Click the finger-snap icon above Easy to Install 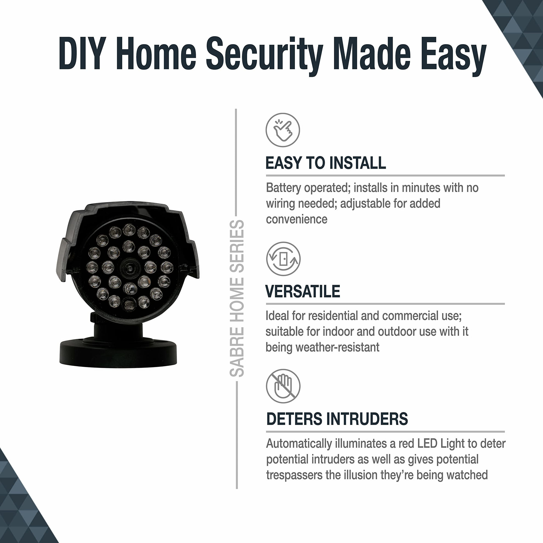tap(283, 130)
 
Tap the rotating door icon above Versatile tap(283, 259)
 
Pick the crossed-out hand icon tap(283, 386)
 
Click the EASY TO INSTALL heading tap(326, 163)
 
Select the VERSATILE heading tap(303, 291)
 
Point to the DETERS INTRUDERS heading tap(337, 419)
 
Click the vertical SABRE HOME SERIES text tap(237, 298)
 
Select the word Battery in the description tap(283, 188)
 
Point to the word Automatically tap(299, 444)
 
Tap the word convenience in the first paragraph tap(296, 219)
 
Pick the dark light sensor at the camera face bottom tap(129, 304)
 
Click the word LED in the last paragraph tap(427, 444)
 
